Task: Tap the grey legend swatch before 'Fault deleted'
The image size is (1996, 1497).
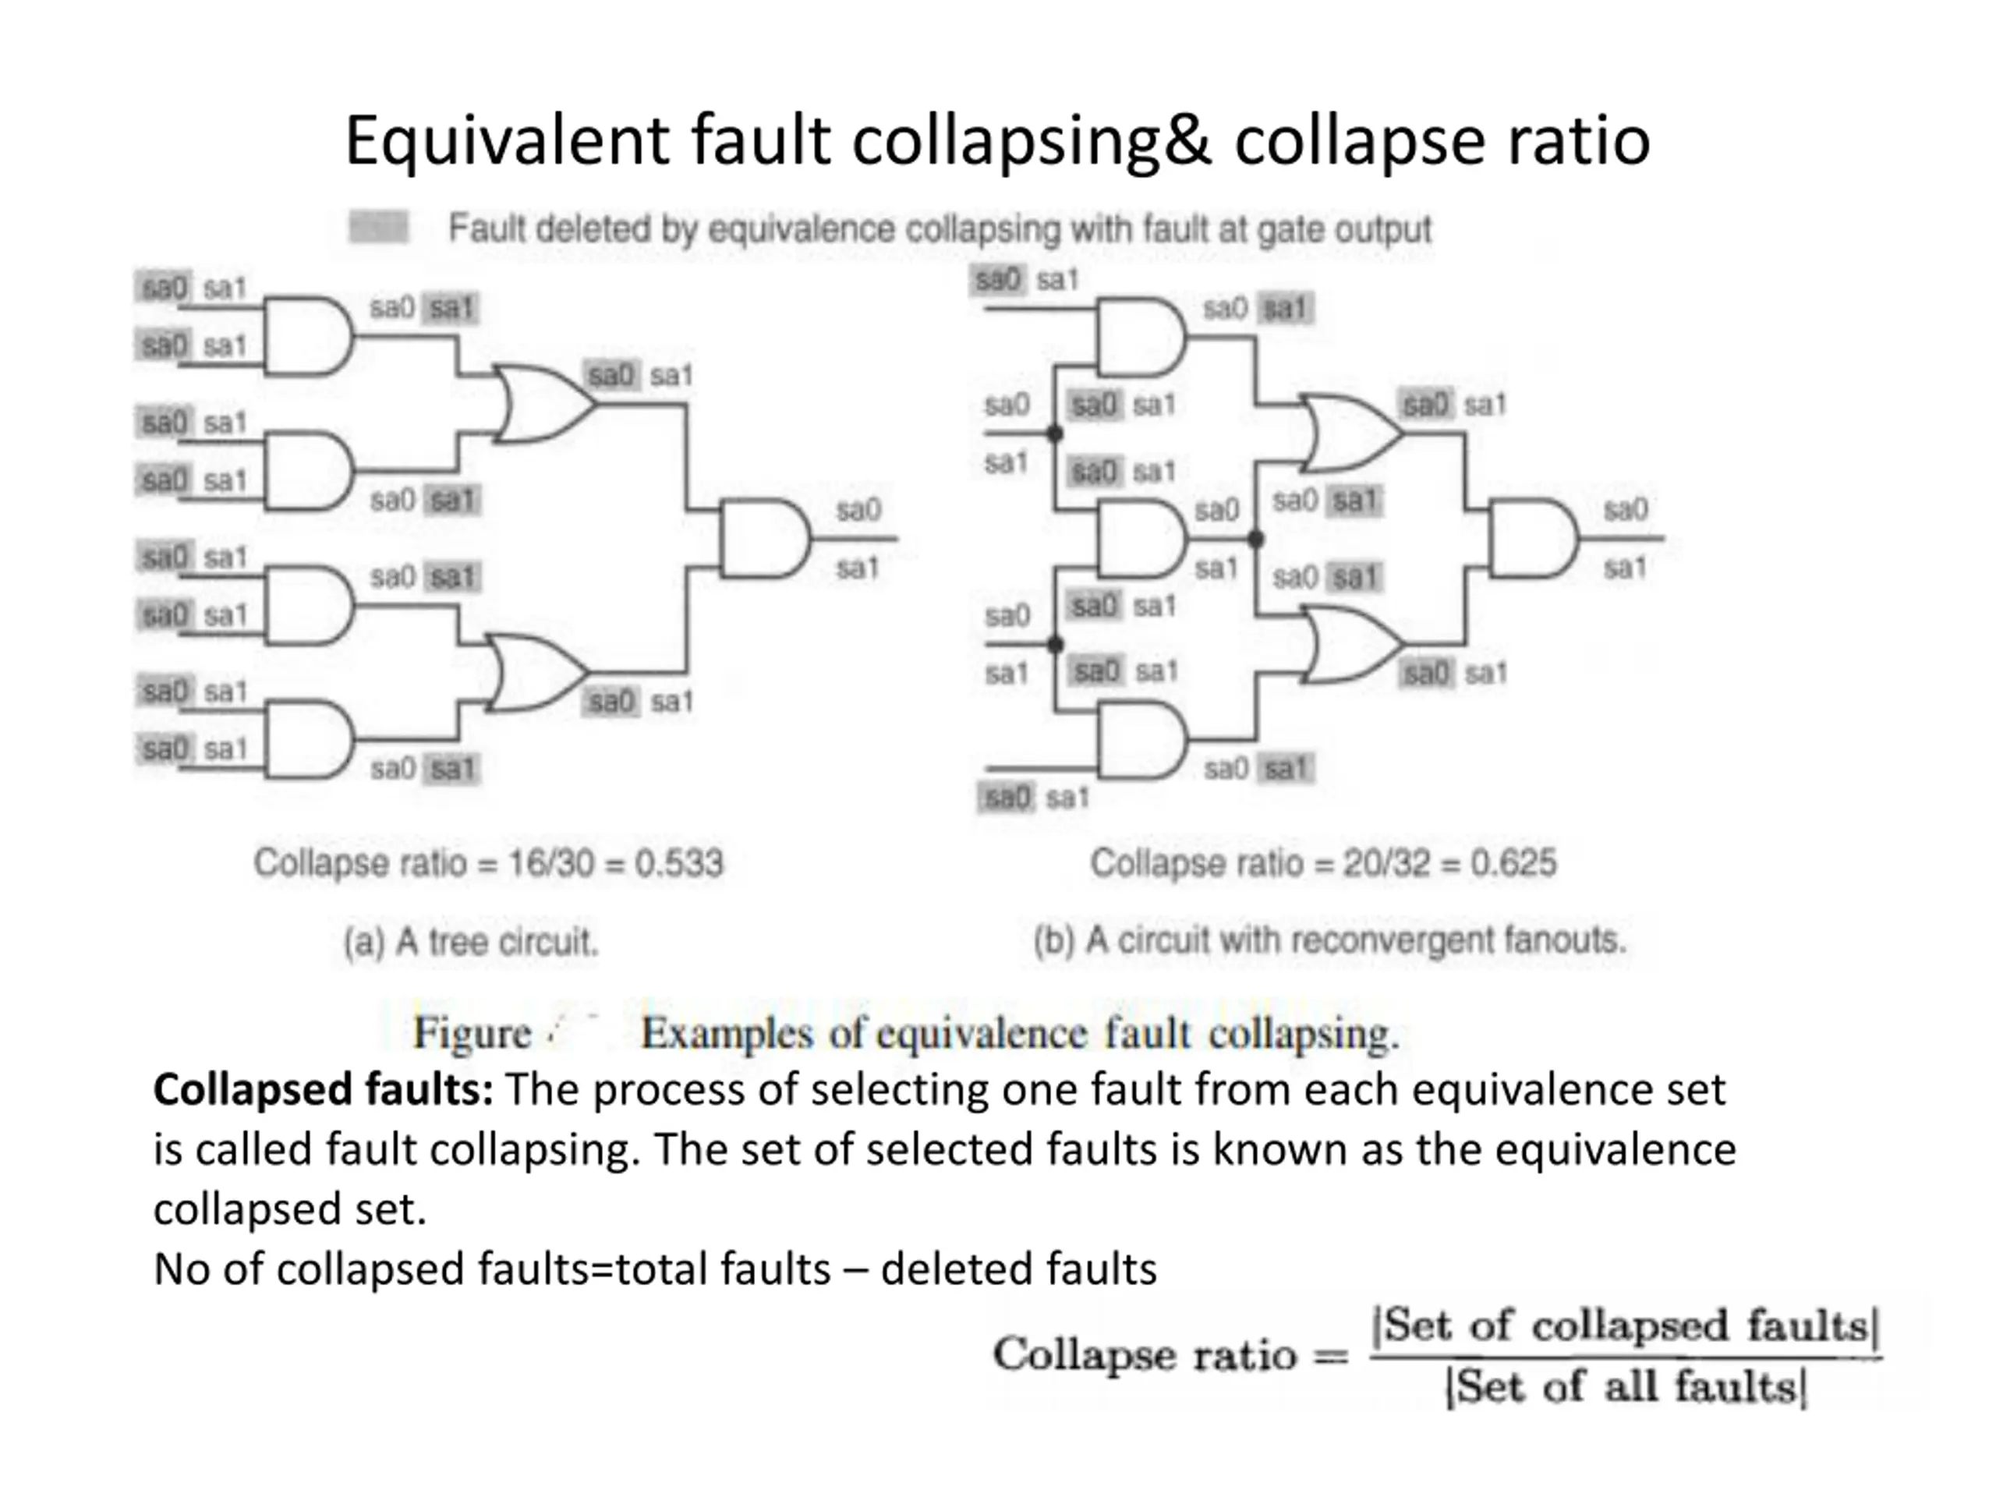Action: pyautogui.click(x=378, y=228)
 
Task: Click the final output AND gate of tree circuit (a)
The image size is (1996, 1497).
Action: pyautogui.click(x=763, y=538)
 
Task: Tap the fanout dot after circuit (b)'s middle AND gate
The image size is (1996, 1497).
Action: pyautogui.click(x=1255, y=540)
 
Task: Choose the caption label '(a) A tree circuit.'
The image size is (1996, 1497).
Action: pyautogui.click(x=470, y=942)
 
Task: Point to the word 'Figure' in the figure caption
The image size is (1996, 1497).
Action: pyautogui.click(x=472, y=1033)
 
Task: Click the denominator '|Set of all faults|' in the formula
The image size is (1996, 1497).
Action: pyautogui.click(x=1625, y=1387)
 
